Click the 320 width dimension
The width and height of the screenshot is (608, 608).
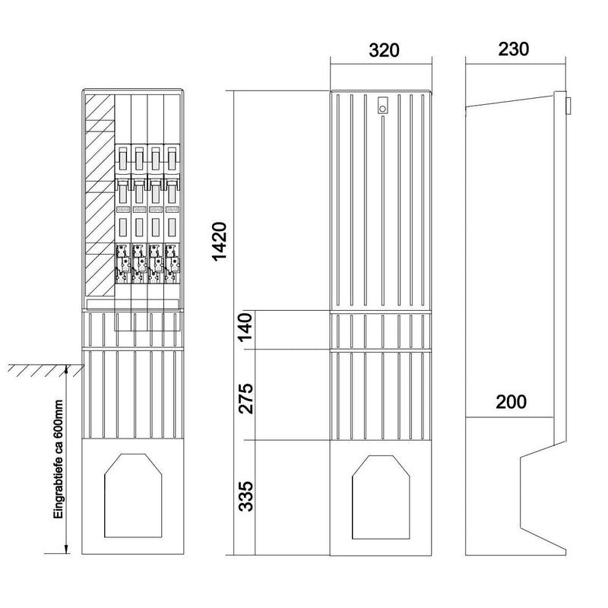tap(384, 51)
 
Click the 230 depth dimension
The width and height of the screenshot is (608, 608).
tap(514, 49)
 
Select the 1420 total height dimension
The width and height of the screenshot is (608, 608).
tap(220, 241)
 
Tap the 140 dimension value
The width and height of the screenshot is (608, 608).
tap(245, 328)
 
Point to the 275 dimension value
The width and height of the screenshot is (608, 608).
tap(245, 398)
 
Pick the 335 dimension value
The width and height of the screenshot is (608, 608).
tap(245, 497)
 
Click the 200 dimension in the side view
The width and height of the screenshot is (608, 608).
tap(511, 402)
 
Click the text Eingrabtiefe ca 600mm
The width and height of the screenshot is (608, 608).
tap(59, 459)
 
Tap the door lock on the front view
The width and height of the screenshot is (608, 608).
tap(382, 105)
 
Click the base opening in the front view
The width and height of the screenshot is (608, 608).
tap(381, 498)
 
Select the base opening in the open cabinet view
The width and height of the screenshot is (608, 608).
tap(133, 496)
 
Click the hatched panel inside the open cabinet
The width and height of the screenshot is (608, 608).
tap(100, 195)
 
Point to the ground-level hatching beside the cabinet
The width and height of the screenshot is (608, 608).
tap(46, 370)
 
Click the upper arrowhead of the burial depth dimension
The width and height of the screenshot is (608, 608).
tap(66, 369)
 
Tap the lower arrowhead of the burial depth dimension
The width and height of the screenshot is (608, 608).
tap(66, 549)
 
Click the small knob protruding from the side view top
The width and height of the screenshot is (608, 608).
tap(568, 106)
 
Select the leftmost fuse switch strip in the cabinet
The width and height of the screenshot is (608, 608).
tap(123, 214)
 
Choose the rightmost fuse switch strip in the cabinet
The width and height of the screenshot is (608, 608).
tap(172, 214)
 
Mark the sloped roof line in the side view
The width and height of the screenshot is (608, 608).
tap(509, 101)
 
